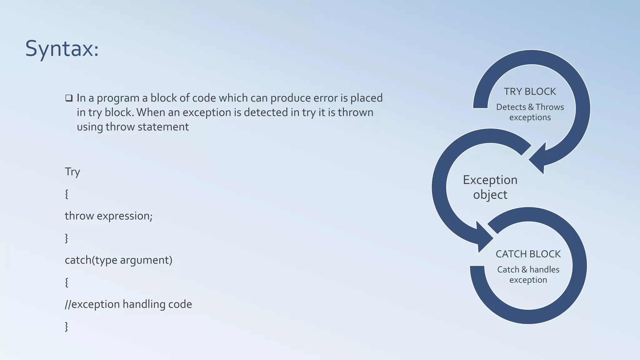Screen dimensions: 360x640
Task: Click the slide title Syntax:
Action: point(62,49)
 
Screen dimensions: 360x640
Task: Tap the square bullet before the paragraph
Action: point(69,98)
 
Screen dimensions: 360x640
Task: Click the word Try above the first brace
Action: point(72,172)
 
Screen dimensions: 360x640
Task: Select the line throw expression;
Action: point(108,216)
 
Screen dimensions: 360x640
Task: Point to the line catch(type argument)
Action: point(118,260)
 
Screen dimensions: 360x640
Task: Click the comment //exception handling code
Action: point(128,304)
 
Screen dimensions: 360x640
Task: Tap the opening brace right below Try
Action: point(67,194)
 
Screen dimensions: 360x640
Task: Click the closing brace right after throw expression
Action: point(67,238)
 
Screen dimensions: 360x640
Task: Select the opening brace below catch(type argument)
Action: point(67,282)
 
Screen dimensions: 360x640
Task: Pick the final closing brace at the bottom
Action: point(67,327)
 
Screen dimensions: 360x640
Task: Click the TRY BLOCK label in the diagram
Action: point(530,92)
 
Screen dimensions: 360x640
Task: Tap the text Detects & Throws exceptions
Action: point(530,112)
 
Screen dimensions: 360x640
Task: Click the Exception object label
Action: point(490,187)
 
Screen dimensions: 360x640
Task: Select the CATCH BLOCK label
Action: point(528,254)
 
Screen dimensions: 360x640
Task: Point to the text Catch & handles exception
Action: point(528,274)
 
